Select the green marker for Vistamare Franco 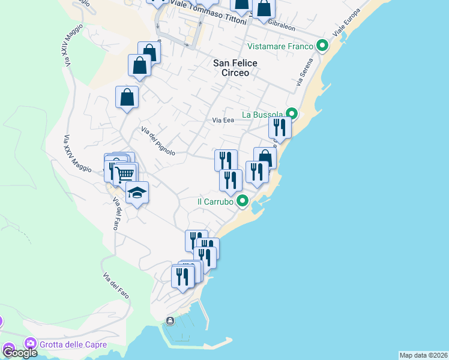pyautogui.click(x=322, y=46)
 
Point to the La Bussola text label pyautogui.click(x=262, y=115)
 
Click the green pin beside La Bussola pyautogui.click(x=292, y=113)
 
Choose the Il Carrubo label pyautogui.click(x=215, y=202)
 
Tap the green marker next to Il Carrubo pyautogui.click(x=243, y=201)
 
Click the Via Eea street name pyautogui.click(x=223, y=120)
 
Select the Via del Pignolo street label pyautogui.click(x=158, y=141)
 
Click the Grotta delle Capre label pyautogui.click(x=73, y=344)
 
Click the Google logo pyautogui.click(x=20, y=353)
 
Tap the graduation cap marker pyautogui.click(x=137, y=193)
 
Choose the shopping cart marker pyautogui.click(x=125, y=175)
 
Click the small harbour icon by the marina pyautogui.click(x=170, y=321)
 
